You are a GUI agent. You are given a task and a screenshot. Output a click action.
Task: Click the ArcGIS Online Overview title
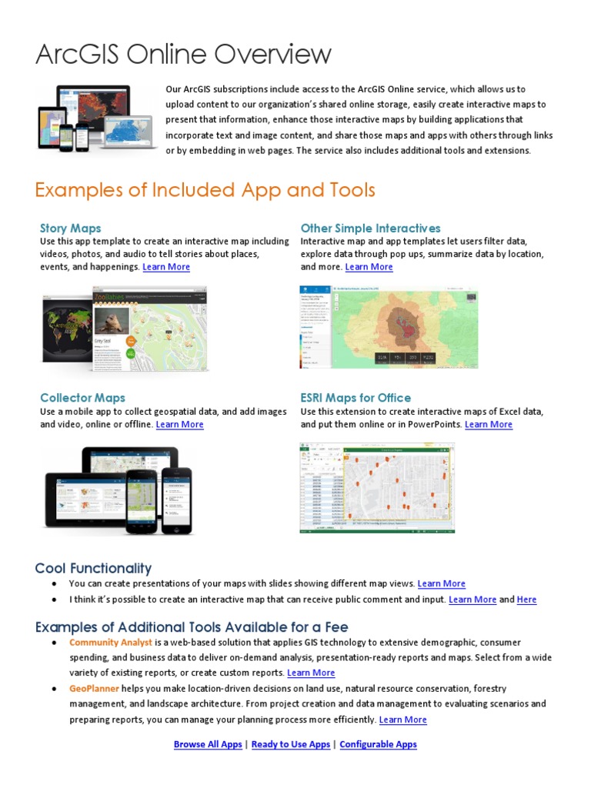pos(183,55)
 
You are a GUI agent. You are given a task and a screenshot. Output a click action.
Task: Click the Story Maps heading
pos(70,228)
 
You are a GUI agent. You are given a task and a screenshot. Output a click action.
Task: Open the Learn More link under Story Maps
pos(166,267)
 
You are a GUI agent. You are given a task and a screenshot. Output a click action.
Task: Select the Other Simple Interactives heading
pos(370,228)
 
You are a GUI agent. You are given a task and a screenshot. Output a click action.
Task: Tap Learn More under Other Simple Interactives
pos(369,267)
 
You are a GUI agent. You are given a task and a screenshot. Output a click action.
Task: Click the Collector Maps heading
pos(82,398)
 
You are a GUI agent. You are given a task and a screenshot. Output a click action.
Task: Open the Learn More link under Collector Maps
pos(180,425)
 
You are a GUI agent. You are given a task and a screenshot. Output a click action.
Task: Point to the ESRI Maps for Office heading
pos(356,398)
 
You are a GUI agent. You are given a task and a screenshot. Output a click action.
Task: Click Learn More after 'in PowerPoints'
pos(489,425)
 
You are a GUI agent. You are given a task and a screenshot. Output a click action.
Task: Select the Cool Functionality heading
pos(93,569)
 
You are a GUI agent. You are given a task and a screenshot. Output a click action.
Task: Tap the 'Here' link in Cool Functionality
pos(527,599)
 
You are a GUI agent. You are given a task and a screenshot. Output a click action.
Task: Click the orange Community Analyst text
pos(111,643)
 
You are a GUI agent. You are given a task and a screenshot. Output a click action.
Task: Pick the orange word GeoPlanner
pos(94,689)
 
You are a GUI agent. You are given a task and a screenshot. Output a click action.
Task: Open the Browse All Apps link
pos(208,744)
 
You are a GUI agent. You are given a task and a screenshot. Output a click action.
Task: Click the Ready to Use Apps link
pos(291,744)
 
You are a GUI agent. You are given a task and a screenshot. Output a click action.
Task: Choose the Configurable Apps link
pos(378,744)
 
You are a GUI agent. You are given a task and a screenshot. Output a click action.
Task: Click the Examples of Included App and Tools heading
pos(205,189)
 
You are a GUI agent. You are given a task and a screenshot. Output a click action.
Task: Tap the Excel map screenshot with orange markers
pos(376,488)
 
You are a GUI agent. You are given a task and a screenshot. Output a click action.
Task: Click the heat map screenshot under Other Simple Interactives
pos(388,327)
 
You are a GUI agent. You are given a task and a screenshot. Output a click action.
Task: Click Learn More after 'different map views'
pos(442,584)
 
